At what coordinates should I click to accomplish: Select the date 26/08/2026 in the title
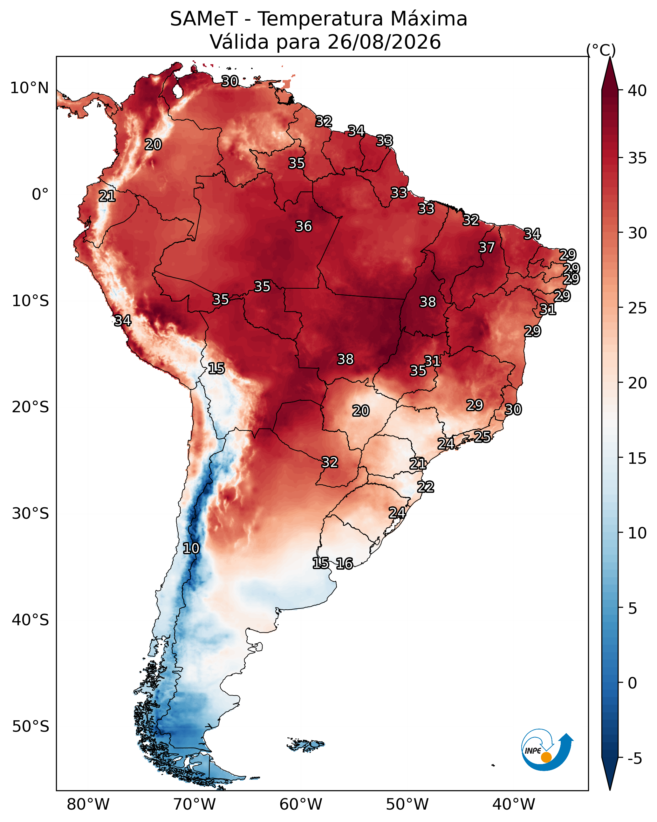384,42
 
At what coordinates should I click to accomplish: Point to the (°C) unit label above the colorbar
601,50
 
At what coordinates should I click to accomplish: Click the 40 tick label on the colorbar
637,91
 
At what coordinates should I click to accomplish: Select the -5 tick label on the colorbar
635,759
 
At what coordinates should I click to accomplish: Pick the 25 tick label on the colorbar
637,308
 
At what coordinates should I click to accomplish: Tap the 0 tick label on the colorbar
632,683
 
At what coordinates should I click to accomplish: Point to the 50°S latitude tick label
31,727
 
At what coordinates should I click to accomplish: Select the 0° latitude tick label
40,195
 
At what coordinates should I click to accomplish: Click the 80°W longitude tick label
88,805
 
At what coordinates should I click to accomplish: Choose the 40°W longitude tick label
514,805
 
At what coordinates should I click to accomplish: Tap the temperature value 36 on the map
304,226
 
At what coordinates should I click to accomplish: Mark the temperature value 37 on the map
487,247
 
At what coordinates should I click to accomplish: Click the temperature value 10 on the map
191,548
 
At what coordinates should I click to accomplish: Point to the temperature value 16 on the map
344,564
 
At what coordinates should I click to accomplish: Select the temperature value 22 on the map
426,487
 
